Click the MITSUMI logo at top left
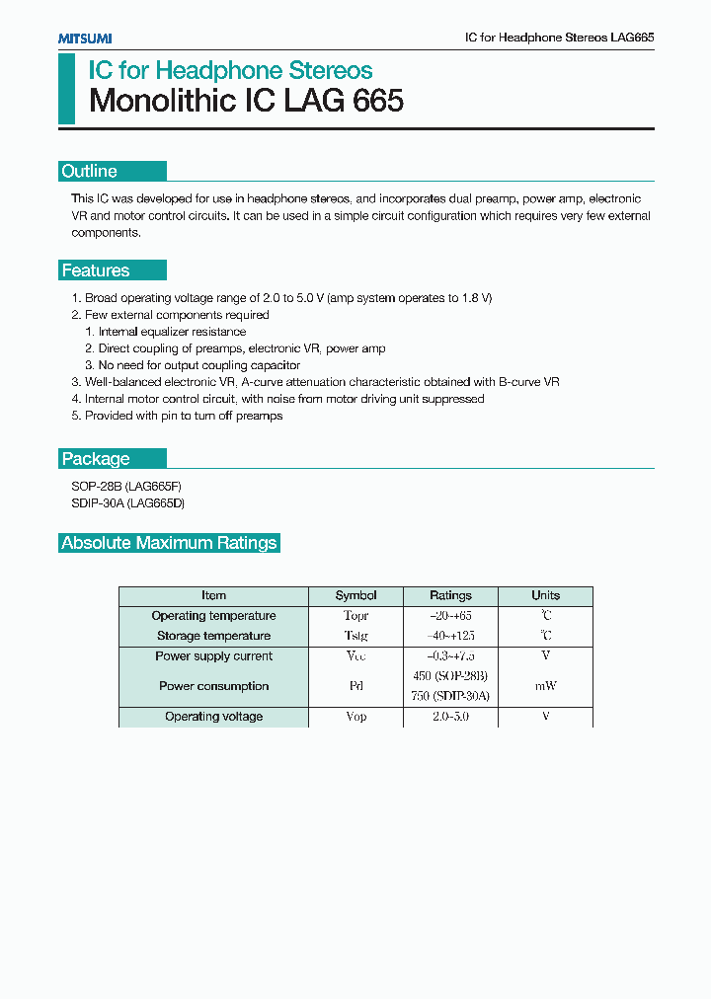tap(85, 38)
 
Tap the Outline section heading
tap(90, 171)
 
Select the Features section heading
tap(96, 270)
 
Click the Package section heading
tap(96, 458)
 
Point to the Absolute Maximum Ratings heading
tap(169, 543)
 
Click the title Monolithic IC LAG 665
tap(246, 102)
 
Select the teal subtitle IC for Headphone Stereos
tap(230, 70)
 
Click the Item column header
tap(213, 596)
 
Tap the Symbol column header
tap(355, 596)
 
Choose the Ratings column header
tap(450, 596)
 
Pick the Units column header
tap(545, 596)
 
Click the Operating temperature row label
tap(213, 616)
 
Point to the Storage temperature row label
tap(213, 636)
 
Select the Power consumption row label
tap(213, 686)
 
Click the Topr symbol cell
tap(355, 616)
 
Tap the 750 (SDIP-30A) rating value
tap(450, 696)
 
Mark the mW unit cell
tap(545, 686)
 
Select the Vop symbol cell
tap(355, 717)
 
